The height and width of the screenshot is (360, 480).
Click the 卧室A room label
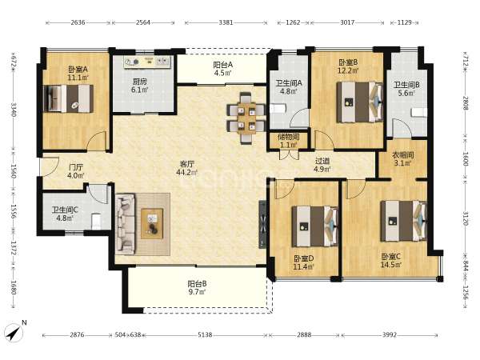[x=78, y=70]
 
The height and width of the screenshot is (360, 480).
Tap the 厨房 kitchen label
[x=139, y=82]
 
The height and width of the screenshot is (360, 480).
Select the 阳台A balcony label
[x=223, y=65]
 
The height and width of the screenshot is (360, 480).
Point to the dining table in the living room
[x=246, y=118]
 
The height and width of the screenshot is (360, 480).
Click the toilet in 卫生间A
[x=278, y=108]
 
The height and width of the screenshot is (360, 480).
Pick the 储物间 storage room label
[x=288, y=137]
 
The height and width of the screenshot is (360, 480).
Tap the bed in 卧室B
[x=360, y=102]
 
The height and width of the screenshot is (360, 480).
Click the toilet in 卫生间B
[x=419, y=112]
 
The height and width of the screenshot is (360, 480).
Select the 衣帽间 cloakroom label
[x=403, y=155]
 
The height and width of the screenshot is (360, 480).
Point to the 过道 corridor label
[x=322, y=161]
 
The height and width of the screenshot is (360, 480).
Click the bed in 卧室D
[x=315, y=226]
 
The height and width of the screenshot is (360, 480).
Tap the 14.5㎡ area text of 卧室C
[x=391, y=265]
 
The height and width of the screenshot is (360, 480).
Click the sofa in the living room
[x=126, y=224]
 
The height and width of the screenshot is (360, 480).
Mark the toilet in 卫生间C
[x=96, y=221]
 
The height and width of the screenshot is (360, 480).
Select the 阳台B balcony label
[x=197, y=283]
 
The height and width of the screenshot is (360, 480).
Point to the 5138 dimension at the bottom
[x=205, y=335]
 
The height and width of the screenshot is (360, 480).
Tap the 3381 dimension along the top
[x=226, y=22]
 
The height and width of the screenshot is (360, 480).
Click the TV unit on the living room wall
[x=262, y=224]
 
